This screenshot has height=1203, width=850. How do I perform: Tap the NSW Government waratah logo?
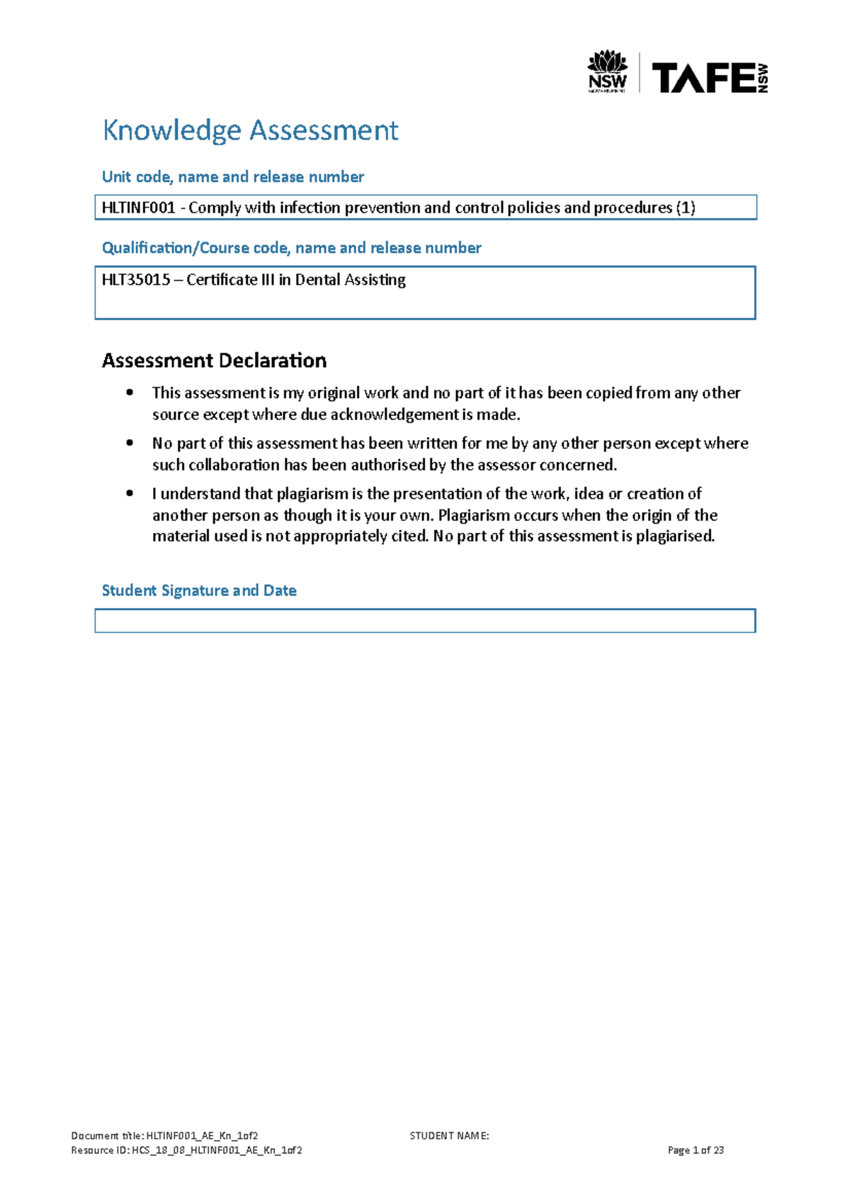pyautogui.click(x=607, y=71)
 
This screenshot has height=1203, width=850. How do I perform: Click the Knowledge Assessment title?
pyautogui.click(x=250, y=130)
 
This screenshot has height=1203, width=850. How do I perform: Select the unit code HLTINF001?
pyautogui.click(x=138, y=208)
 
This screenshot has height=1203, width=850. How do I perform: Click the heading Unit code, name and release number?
pyautogui.click(x=232, y=176)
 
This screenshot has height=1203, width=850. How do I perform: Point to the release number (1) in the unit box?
pyautogui.click(x=685, y=208)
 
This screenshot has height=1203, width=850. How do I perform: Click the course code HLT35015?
pyautogui.click(x=136, y=280)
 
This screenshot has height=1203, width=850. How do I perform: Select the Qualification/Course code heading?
pyautogui.click(x=291, y=248)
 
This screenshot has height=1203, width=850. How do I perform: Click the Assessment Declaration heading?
pyautogui.click(x=214, y=361)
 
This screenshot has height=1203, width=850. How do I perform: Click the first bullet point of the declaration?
pyautogui.click(x=129, y=392)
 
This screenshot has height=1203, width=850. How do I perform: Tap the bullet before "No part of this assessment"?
pyautogui.click(x=129, y=443)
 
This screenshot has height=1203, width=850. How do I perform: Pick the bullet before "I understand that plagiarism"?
pyautogui.click(x=129, y=493)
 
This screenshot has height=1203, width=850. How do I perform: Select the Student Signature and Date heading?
pyautogui.click(x=199, y=590)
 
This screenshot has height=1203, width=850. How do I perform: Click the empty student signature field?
pyautogui.click(x=425, y=621)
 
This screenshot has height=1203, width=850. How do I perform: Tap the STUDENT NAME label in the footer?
pyautogui.click(x=449, y=1135)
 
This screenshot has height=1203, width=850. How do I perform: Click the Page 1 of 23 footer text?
pyautogui.click(x=695, y=1150)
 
